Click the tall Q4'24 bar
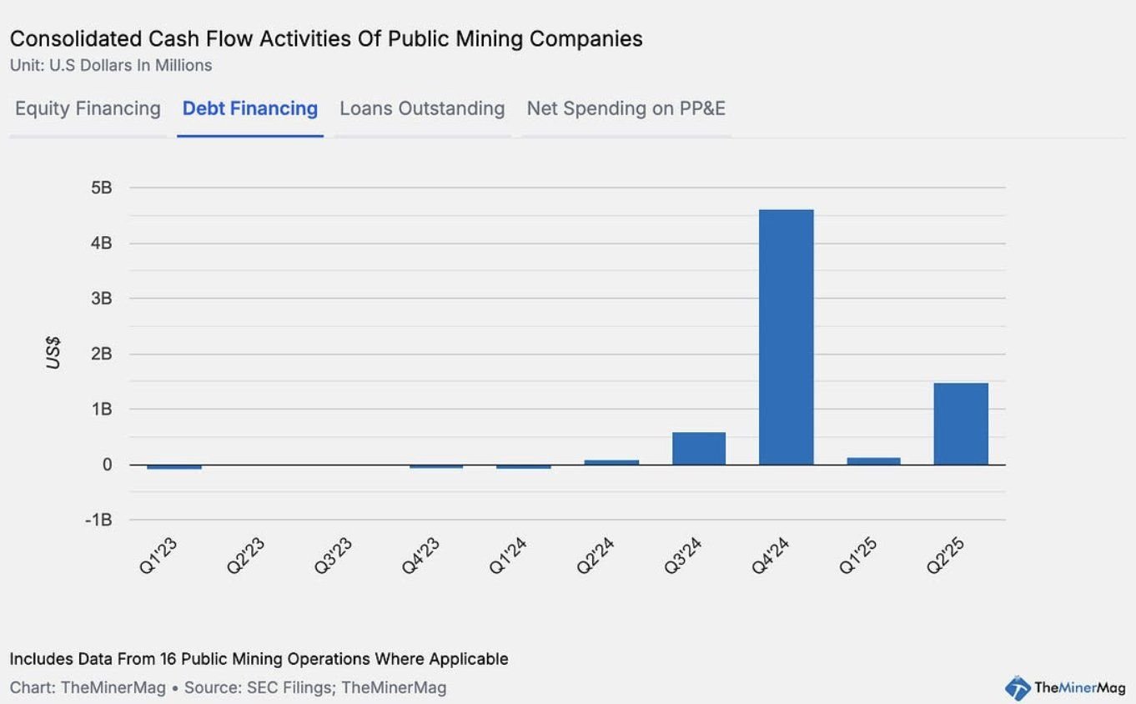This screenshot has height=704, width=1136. [x=786, y=337]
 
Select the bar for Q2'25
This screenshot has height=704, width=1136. [x=961, y=424]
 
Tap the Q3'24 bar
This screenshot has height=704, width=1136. [x=699, y=448]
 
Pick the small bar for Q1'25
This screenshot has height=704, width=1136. [x=873, y=460]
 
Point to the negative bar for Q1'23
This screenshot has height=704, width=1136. [x=174, y=466]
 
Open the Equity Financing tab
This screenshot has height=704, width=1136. [x=88, y=109]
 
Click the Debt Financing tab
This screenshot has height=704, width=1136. [x=250, y=109]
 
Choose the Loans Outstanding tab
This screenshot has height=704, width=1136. [x=422, y=109]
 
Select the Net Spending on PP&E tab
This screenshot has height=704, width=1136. [x=626, y=109]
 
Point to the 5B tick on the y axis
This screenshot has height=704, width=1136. [x=101, y=188]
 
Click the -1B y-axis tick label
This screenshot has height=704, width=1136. [x=98, y=520]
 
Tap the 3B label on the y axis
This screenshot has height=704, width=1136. [x=101, y=299]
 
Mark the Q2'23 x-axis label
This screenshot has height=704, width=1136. [x=246, y=555]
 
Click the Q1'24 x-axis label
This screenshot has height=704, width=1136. [x=509, y=555]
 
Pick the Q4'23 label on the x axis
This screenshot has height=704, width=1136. [x=421, y=555]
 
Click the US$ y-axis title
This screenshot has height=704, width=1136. [x=53, y=353]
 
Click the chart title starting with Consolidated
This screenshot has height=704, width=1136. [x=326, y=39]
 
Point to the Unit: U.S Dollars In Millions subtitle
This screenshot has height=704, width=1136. [x=111, y=65]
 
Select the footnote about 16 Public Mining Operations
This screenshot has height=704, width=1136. [x=259, y=659]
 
